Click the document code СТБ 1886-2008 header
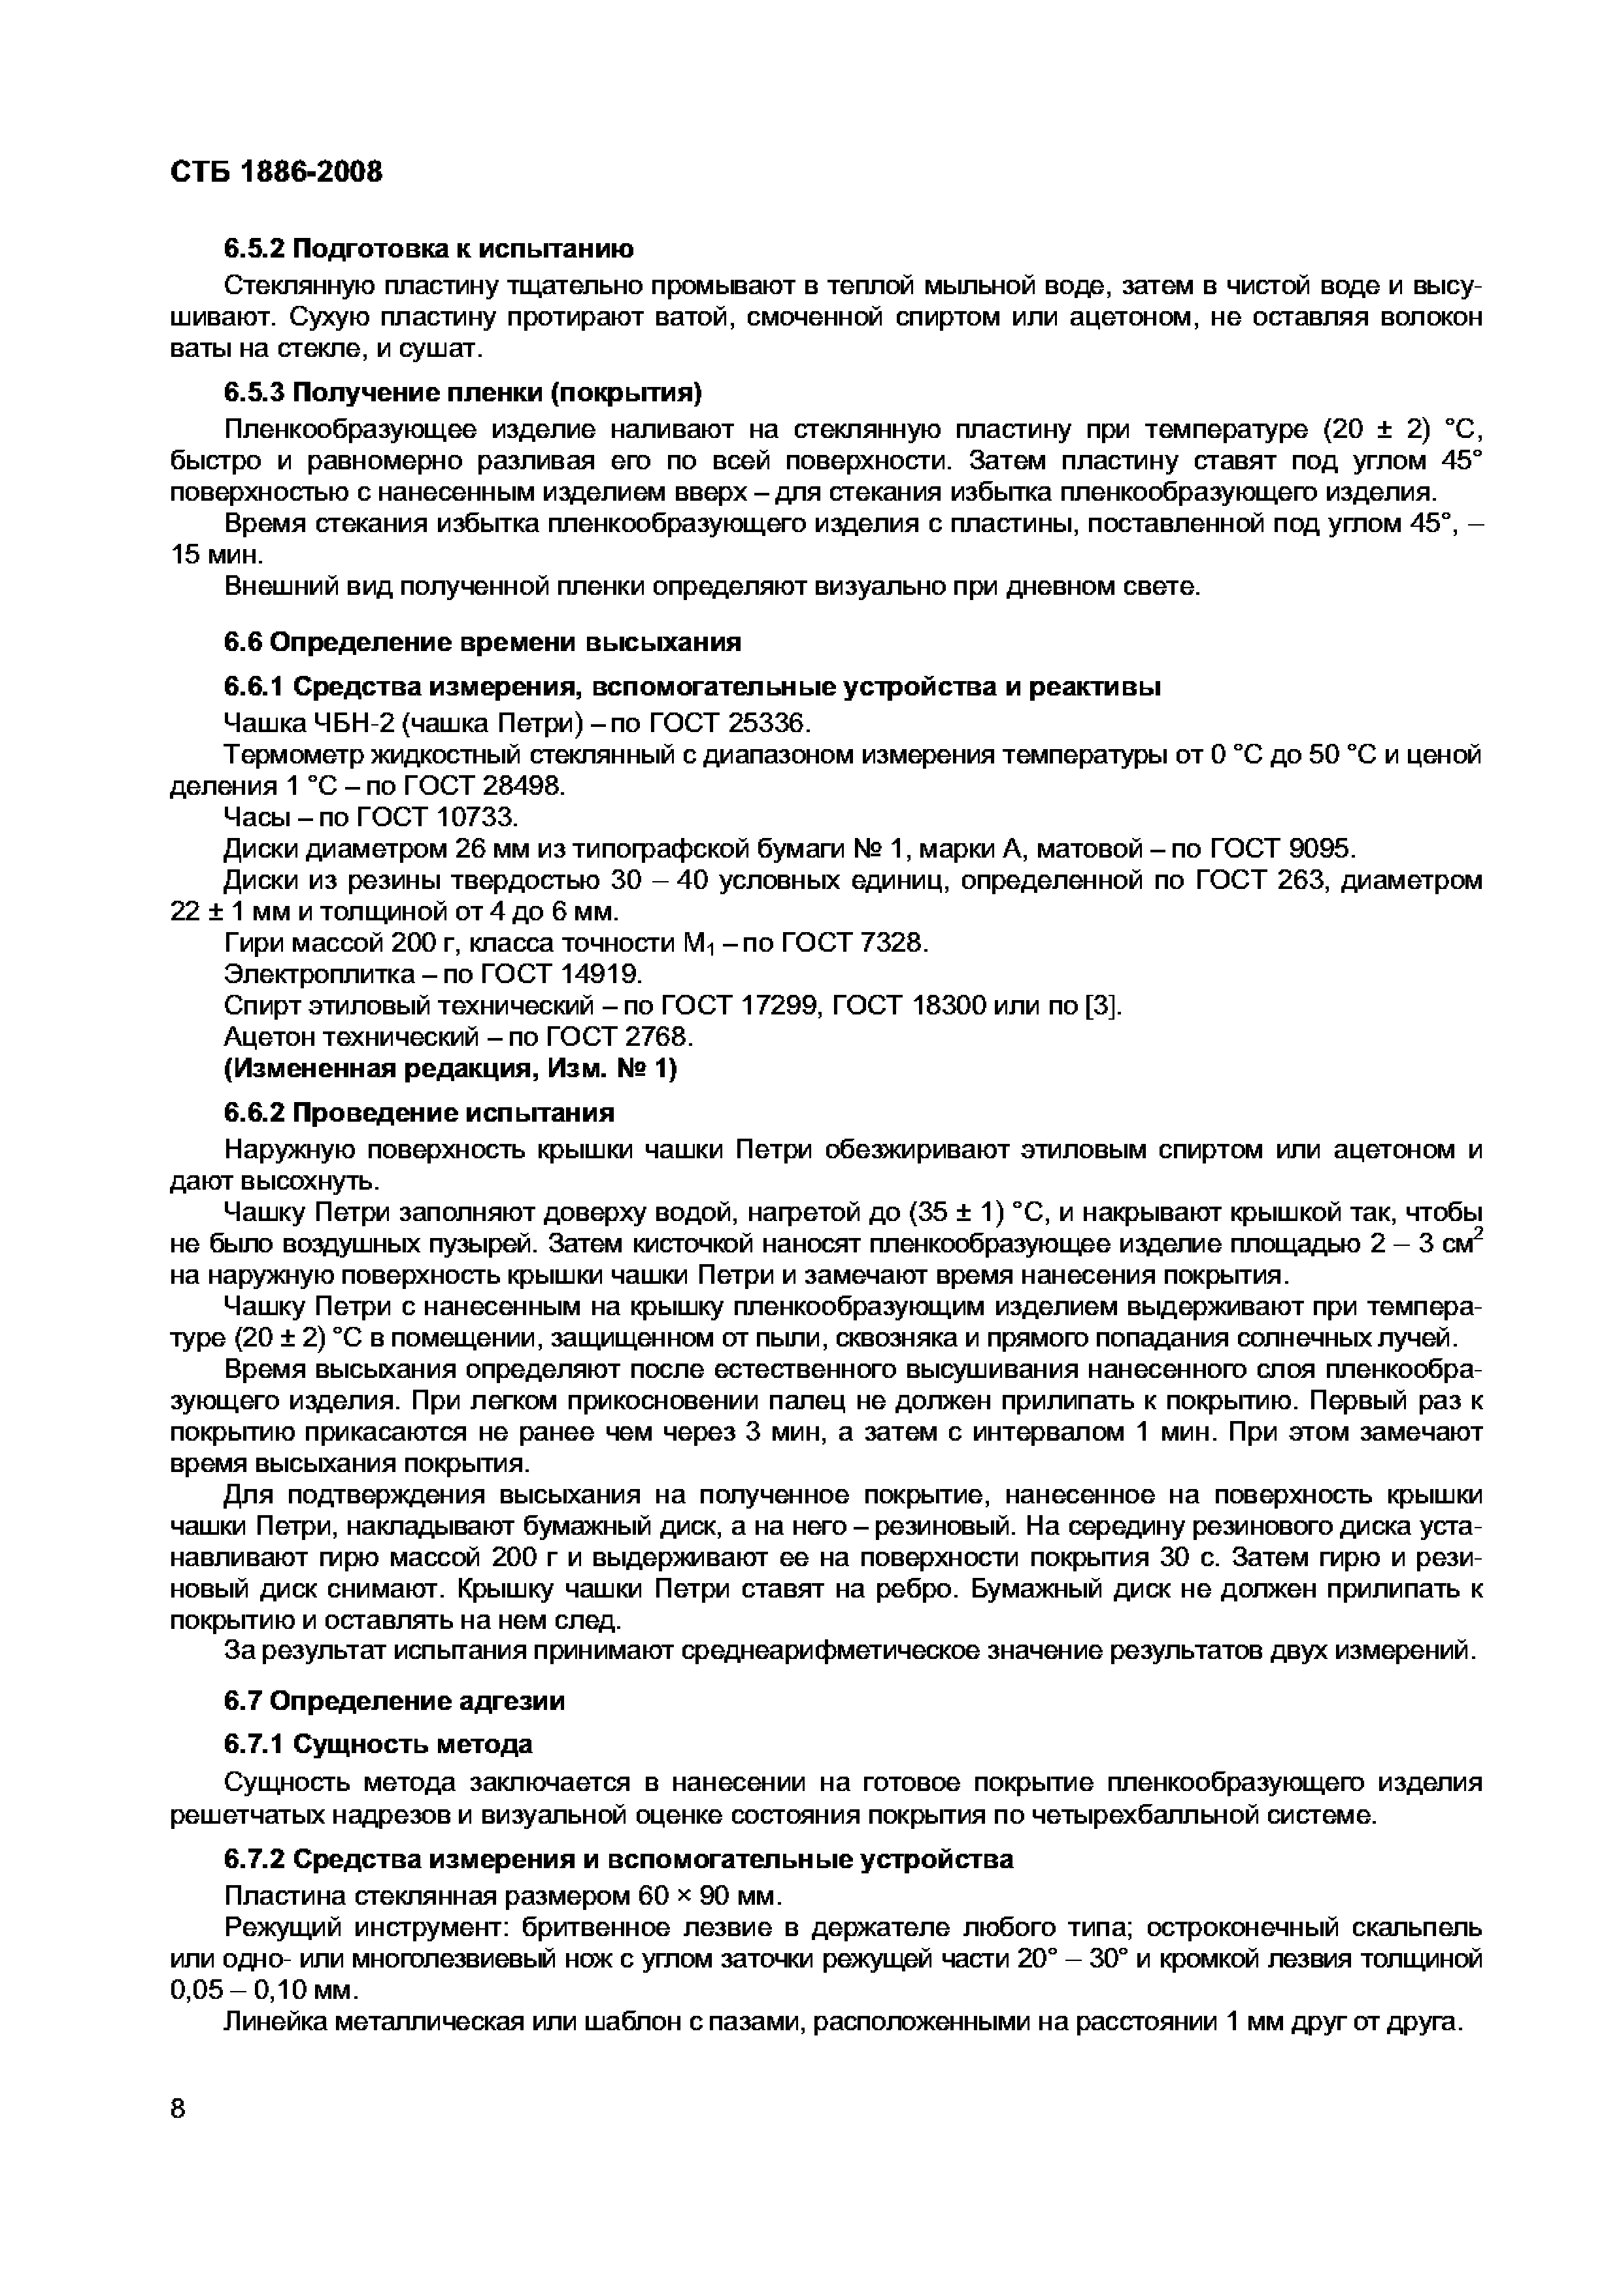click(x=276, y=173)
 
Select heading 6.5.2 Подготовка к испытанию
click(x=429, y=248)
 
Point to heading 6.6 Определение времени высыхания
click(x=482, y=641)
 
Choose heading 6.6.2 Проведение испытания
click(x=420, y=1113)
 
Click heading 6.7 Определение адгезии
click(x=395, y=1701)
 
